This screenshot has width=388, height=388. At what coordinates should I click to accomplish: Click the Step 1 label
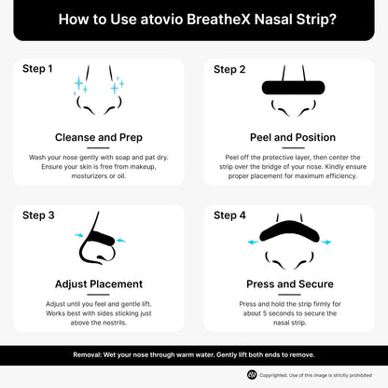pyautogui.click(x=38, y=69)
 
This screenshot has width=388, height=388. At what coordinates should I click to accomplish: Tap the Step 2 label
pyautogui.click(x=229, y=69)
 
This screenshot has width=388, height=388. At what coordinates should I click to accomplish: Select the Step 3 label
pyautogui.click(x=38, y=215)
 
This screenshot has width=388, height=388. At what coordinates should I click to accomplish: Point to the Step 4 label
pyautogui.click(x=229, y=215)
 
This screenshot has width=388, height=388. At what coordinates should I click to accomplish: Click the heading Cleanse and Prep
pyautogui.click(x=98, y=137)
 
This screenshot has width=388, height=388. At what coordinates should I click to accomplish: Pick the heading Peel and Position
pyautogui.click(x=289, y=137)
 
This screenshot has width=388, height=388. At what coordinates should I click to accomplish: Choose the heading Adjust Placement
pyautogui.click(x=98, y=284)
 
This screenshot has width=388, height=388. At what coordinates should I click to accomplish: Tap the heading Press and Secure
pyautogui.click(x=289, y=284)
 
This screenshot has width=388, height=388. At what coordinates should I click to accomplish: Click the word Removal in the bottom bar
pyautogui.click(x=91, y=355)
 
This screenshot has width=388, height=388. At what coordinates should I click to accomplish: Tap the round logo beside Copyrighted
pyautogui.click(x=252, y=375)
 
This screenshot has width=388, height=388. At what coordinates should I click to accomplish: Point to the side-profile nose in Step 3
pyautogui.click(x=96, y=244)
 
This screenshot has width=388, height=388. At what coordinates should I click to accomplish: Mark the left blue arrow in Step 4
pyautogui.click(x=252, y=242)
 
